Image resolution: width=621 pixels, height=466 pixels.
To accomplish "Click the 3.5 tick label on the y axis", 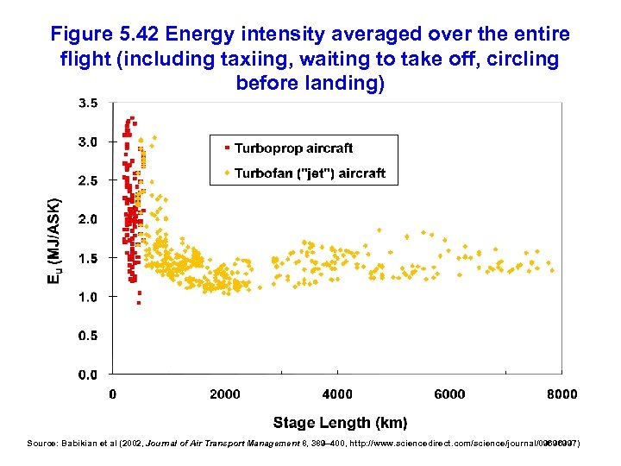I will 88,103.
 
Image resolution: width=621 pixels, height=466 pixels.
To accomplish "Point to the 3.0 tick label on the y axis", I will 88,142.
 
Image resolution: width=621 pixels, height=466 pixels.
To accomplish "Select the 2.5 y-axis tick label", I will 88,180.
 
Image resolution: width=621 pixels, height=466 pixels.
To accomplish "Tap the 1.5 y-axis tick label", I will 88,258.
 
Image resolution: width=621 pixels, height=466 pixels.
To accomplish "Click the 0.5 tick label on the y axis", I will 88,336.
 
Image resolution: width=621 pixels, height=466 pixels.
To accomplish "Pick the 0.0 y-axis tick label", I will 88,375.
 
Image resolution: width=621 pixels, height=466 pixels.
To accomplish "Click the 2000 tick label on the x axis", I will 225,394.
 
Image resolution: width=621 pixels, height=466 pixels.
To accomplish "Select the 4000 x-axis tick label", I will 337,394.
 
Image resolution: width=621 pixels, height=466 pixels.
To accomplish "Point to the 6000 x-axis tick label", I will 449,394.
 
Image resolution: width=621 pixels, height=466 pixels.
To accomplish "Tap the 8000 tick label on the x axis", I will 561,394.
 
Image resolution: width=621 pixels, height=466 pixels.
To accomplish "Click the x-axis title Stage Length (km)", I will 340,422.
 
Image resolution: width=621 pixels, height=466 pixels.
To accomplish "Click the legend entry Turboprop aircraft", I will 293,148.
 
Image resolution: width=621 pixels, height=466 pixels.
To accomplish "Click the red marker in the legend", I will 227,148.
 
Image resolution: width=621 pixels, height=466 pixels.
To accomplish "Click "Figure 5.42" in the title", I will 105,34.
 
